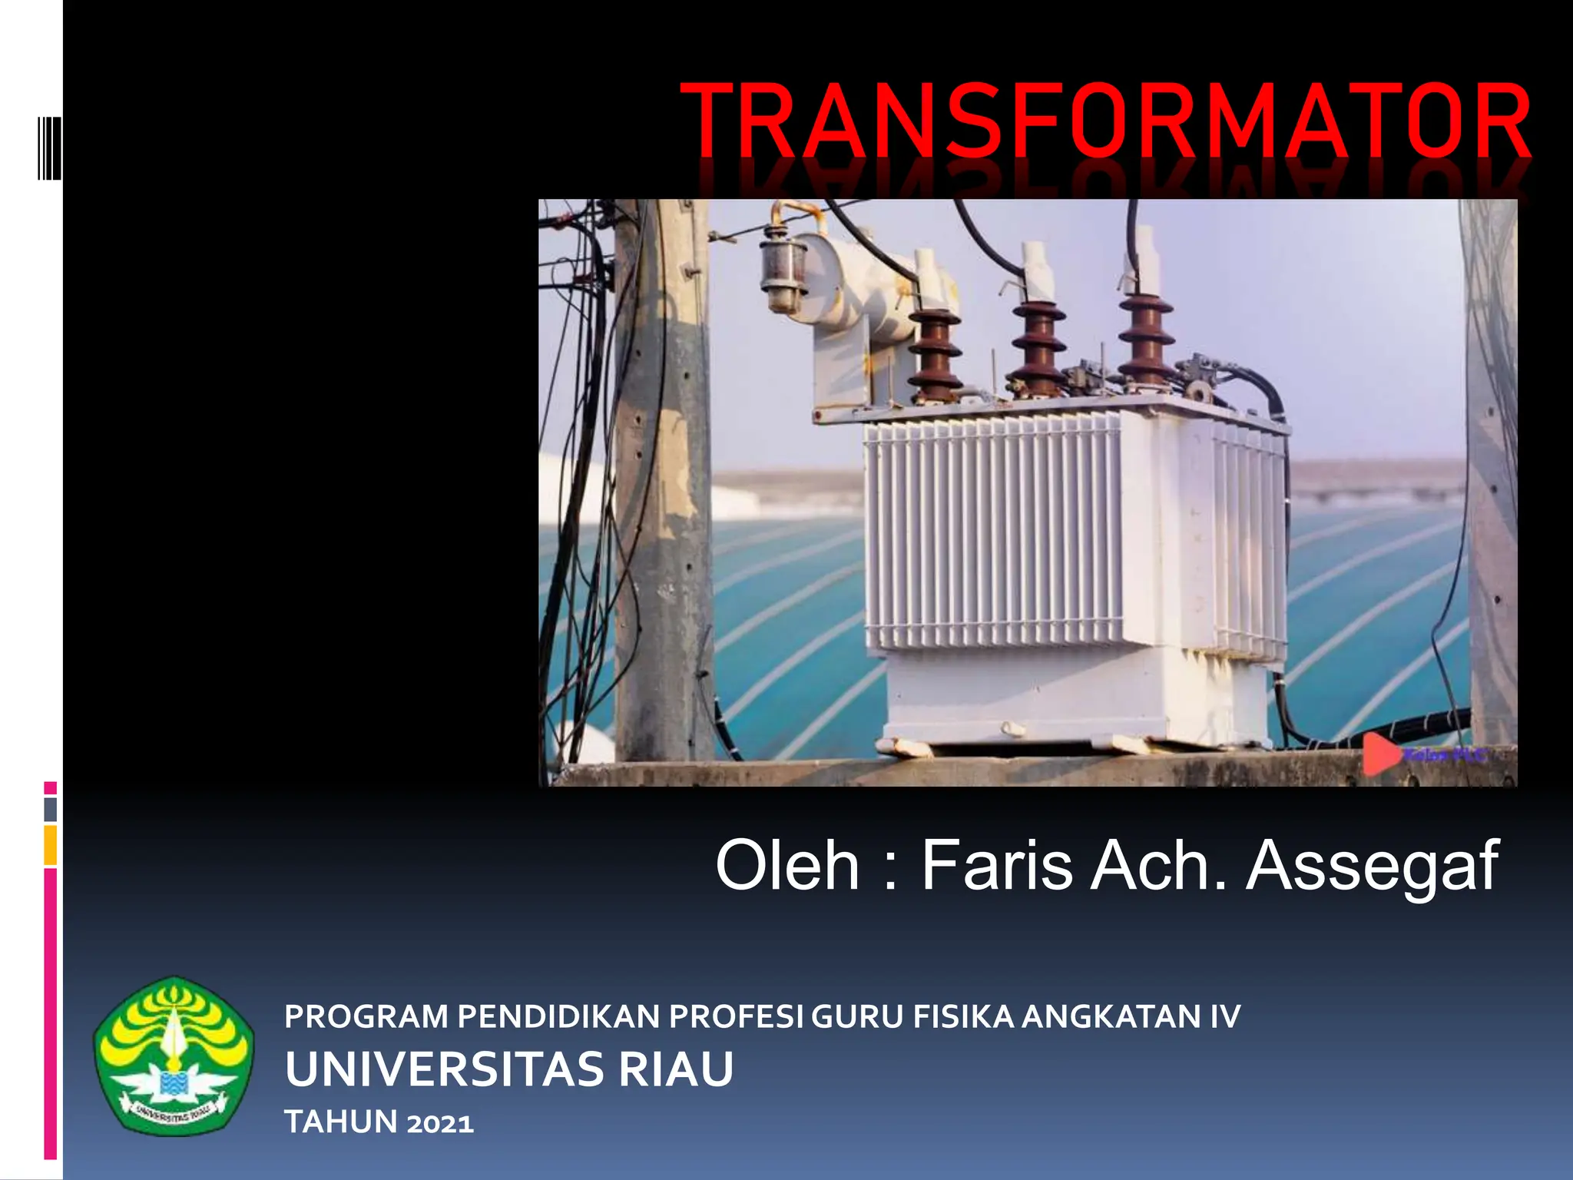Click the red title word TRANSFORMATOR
click(x=1104, y=121)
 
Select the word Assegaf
click(x=1372, y=866)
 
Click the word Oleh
click(x=786, y=866)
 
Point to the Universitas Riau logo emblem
click(x=174, y=1056)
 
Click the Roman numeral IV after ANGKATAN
click(x=1225, y=1016)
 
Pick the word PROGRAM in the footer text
click(x=366, y=1016)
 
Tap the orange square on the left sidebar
click(x=51, y=845)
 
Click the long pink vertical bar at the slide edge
click(x=51, y=1014)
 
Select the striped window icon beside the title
click(x=50, y=147)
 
